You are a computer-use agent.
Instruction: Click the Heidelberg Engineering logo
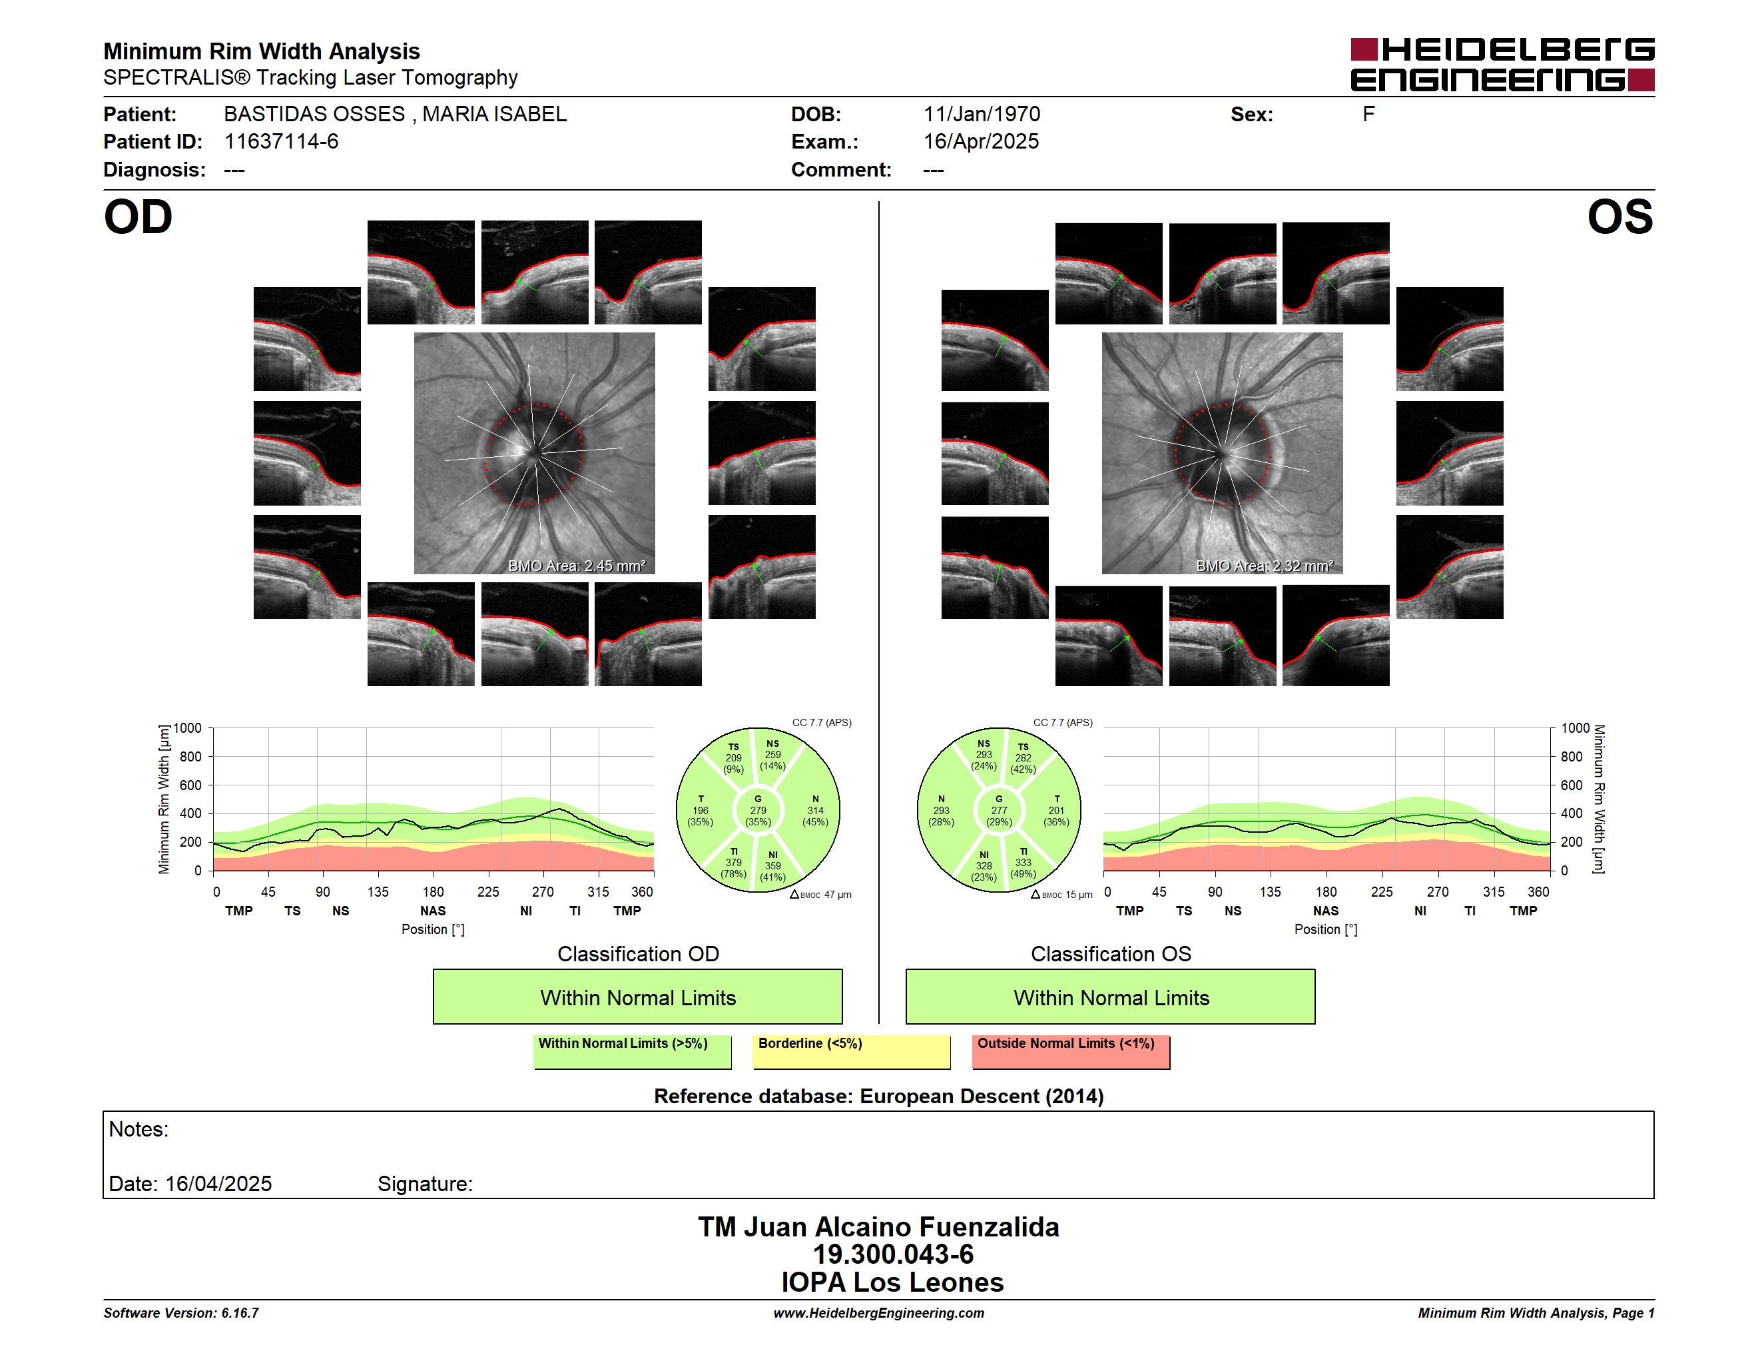1502,65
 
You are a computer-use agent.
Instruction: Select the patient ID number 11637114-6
281,142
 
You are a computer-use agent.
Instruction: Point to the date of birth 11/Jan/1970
982,115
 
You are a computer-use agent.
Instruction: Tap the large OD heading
138,217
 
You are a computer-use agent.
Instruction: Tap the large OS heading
1619,217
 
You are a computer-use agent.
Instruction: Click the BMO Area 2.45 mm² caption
576,566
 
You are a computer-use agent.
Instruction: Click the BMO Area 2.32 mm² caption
1265,566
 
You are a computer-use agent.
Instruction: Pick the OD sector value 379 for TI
733,862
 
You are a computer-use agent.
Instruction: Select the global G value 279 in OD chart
758,811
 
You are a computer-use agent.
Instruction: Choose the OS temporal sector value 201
1056,811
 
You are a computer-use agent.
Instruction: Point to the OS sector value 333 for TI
1023,862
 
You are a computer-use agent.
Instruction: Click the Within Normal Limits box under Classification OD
637,997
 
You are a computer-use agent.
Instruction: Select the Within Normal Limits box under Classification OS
1111,997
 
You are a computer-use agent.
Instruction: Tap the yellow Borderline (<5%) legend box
852,1051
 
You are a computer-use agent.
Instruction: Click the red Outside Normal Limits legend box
1071,1051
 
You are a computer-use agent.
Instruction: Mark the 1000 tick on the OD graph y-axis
186,729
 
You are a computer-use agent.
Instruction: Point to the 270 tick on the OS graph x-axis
1438,892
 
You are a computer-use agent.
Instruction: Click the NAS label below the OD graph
433,911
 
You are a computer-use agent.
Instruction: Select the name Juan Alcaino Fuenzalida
901,1227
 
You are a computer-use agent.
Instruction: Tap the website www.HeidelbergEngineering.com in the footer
879,1313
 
